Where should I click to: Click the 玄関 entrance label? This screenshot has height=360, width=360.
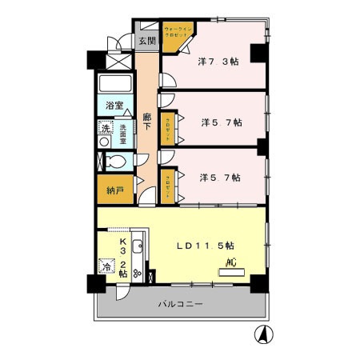(146, 41)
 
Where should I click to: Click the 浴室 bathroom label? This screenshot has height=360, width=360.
(114, 106)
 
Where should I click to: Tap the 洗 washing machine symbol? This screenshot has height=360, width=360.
(106, 128)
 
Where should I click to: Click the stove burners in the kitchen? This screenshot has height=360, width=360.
(137, 272)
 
